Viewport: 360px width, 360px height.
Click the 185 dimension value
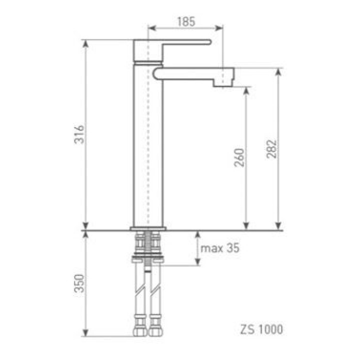[x=186, y=21]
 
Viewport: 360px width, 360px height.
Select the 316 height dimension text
[x=79, y=134]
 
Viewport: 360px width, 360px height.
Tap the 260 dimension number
[x=239, y=157]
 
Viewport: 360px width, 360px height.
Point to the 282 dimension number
[x=271, y=149]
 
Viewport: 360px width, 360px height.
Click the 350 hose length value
[x=79, y=283]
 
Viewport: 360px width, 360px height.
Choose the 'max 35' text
[x=219, y=248]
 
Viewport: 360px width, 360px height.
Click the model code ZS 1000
[x=261, y=329]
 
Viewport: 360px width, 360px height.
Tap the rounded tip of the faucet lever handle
[x=209, y=42]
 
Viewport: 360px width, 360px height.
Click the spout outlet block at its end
[x=223, y=77]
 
